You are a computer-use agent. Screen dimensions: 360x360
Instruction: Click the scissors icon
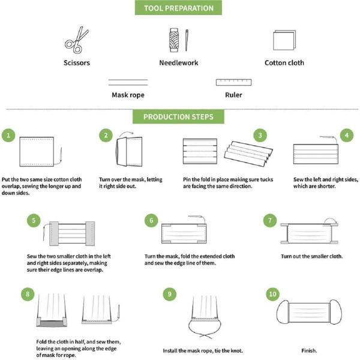coord(76,40)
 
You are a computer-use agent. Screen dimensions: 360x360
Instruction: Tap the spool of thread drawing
coord(174,40)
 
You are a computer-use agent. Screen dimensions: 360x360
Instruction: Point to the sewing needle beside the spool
coord(187,40)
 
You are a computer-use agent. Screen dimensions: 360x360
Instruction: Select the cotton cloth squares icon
coord(284,40)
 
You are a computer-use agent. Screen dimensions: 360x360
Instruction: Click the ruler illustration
coord(234,82)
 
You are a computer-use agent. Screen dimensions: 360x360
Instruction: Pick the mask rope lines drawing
coord(128,82)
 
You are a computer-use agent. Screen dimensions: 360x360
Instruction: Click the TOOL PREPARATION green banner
coord(178,8)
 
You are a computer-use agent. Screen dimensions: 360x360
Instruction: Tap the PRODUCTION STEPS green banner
coord(178,116)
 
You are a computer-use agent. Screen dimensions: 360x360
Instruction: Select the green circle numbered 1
coord(8,135)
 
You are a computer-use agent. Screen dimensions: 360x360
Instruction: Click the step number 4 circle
coord(347,135)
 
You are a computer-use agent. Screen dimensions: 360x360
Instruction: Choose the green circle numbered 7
coord(270,220)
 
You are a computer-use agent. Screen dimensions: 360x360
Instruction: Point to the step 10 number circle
coord(273,294)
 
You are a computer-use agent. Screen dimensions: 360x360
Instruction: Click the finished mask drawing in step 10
coord(309,312)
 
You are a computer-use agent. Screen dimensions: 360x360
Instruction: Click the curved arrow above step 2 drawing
coord(126,133)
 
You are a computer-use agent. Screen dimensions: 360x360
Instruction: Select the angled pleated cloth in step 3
coord(248,154)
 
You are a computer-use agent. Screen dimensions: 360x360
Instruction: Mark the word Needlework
coord(179,62)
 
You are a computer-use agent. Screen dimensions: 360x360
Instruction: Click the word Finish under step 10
coord(309,350)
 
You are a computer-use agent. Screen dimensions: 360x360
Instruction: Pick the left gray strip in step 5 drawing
coord(54,233)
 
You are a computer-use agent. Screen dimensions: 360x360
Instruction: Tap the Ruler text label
coord(233,95)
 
